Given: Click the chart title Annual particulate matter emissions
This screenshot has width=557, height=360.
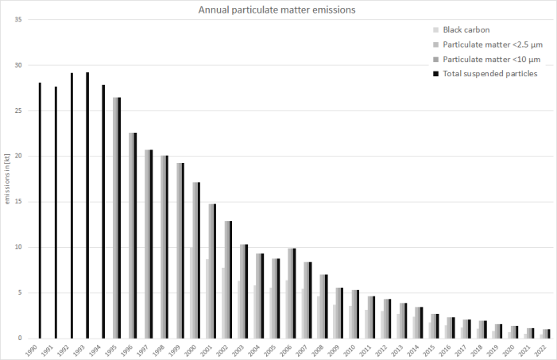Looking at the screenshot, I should coord(277,10).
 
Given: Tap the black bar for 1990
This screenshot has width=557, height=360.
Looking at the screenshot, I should coord(40,211).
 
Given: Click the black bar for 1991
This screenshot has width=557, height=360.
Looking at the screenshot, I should coord(56,212).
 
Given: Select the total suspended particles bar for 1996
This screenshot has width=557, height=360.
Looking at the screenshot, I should coord(135,235).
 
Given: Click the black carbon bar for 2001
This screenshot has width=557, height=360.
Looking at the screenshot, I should coord(208,299).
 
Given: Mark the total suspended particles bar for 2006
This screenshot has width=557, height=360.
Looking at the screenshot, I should coord(294,293).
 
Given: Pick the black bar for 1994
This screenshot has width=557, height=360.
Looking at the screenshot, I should coord(103,211).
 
